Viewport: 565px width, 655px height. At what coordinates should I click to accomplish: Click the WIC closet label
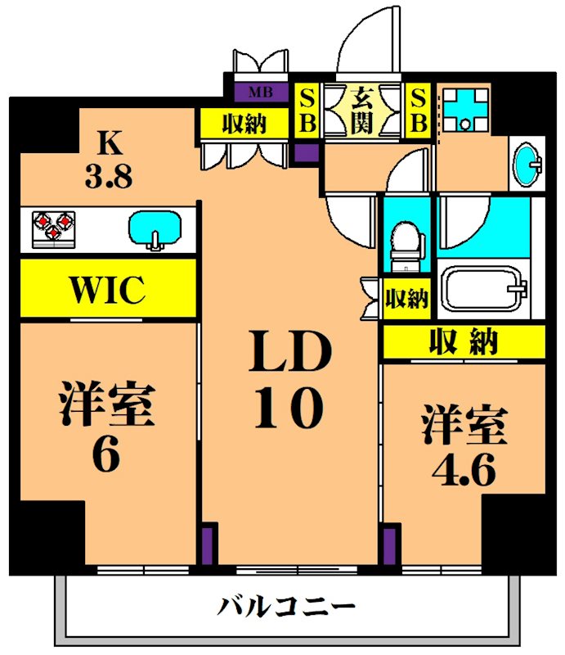[x=107, y=288]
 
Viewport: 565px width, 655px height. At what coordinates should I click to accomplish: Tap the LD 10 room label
[x=291, y=381]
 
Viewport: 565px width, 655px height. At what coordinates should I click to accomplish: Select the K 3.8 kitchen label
[x=108, y=160]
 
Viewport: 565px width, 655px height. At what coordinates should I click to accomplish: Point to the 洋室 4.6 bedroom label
[x=464, y=446]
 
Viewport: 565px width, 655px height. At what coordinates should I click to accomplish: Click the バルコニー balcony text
[x=286, y=607]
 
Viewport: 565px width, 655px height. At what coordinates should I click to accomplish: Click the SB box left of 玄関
[x=307, y=110]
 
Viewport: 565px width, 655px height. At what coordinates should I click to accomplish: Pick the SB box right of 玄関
[x=418, y=110]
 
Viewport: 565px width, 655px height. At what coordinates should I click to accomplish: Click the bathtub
[x=483, y=291]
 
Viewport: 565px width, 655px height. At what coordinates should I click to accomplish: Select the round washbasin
[x=526, y=164]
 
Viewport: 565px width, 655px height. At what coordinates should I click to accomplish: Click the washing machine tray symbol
[x=465, y=110]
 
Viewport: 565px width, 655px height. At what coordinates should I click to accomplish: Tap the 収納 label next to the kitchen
[x=244, y=124]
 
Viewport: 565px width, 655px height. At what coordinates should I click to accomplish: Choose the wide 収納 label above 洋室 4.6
[x=464, y=341]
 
